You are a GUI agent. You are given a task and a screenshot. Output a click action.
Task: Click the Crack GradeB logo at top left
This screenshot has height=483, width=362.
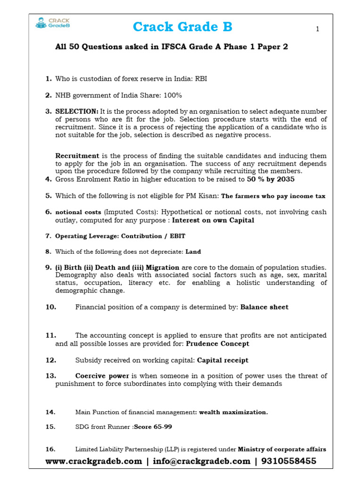(x=53, y=23)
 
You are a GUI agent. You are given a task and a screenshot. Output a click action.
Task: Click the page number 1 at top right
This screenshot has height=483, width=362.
(x=318, y=29)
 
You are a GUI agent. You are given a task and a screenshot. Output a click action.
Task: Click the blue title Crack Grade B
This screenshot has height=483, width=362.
(x=182, y=27)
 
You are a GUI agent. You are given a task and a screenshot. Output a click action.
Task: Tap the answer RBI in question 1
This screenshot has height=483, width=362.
(x=200, y=79)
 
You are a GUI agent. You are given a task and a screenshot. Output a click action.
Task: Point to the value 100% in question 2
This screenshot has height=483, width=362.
(x=173, y=95)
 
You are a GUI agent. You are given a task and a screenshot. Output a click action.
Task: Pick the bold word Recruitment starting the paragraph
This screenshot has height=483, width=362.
(x=77, y=156)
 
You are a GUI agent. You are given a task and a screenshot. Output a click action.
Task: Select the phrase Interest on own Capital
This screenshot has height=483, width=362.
(x=213, y=220)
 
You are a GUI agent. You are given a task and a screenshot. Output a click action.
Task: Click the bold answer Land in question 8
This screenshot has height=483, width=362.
(x=193, y=252)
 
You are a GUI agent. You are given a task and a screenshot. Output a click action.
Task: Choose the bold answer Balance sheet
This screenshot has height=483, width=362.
(x=264, y=307)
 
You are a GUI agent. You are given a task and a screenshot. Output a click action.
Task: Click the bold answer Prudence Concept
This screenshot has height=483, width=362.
(x=217, y=344)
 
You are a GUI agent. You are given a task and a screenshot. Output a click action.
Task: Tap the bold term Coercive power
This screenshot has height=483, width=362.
(x=102, y=376)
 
